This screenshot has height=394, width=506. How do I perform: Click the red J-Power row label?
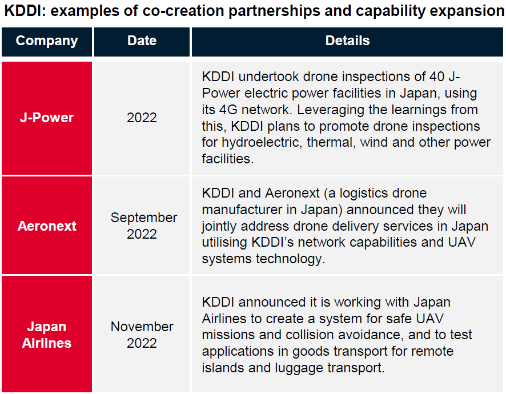pos(47,118)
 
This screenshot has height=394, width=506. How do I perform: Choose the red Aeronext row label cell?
pos(47,225)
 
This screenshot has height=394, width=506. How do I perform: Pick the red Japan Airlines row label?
pos(47,334)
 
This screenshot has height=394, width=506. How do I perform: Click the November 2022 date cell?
pos(142,334)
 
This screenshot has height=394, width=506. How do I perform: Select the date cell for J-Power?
pos(142,118)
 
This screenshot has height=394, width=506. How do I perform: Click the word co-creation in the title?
pos(183,11)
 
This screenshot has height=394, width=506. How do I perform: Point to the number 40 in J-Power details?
pos(437,77)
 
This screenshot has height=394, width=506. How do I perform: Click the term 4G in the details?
pos(228,110)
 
